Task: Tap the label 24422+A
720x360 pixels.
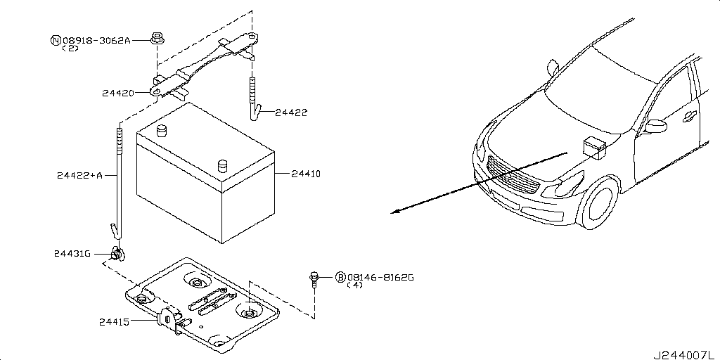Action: coord(79,175)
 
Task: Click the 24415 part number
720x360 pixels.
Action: coord(114,322)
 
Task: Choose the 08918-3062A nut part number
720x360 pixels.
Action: coord(96,41)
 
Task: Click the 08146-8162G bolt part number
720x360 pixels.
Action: coord(380,278)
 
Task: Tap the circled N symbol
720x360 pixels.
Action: coord(55,41)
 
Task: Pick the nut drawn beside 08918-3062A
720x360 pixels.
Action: coord(157,39)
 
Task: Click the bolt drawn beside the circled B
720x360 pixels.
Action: coord(315,280)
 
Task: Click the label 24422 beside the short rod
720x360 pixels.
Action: coord(291,112)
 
